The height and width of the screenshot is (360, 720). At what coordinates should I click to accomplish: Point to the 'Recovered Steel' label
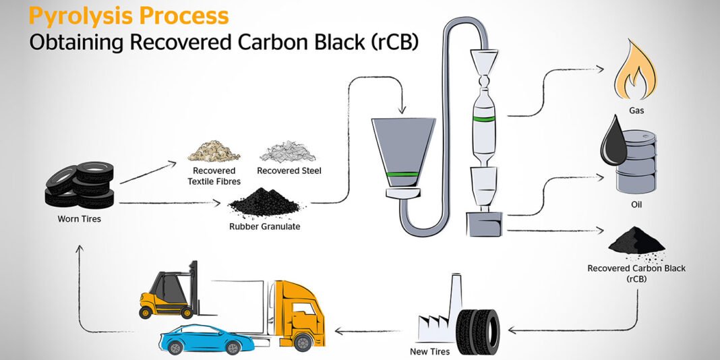pos(289,171)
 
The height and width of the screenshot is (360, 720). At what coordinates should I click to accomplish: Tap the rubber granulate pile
pos(265,202)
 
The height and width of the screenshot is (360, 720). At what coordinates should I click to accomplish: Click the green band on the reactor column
pos(484,119)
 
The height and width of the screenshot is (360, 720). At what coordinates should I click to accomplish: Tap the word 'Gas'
pos(636,111)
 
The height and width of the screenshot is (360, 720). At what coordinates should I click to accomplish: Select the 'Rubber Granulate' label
pos(265,227)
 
